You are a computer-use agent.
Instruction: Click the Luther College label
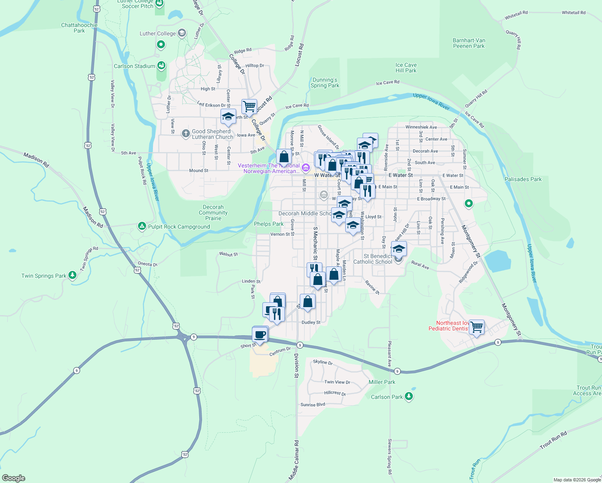tap(157, 33)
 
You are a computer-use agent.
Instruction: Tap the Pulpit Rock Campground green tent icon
tap(142, 226)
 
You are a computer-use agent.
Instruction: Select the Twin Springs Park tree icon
tap(72, 275)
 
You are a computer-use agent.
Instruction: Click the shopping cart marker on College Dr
tap(249, 107)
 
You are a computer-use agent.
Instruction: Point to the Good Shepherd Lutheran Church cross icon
tap(186, 133)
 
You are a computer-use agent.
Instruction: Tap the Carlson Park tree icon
tap(409, 396)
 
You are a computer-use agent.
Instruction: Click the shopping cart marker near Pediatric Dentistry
tap(476, 327)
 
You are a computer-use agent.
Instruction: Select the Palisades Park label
tap(523, 179)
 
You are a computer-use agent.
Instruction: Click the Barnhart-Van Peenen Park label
tap(469, 43)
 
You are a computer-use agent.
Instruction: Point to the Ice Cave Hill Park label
tap(406, 68)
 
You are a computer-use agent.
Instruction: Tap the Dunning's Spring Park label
tap(325, 83)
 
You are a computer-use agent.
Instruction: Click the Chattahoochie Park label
tap(79, 28)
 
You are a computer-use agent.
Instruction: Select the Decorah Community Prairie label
tap(213, 213)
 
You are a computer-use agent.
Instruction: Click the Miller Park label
tap(382, 382)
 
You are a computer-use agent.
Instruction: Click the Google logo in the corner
tap(14, 478)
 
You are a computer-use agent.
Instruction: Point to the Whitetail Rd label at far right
tap(573, 12)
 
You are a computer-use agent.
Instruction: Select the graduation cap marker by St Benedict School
tap(399, 249)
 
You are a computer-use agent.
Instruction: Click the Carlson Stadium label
tap(134, 66)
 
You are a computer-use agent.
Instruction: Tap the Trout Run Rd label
tap(553, 440)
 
